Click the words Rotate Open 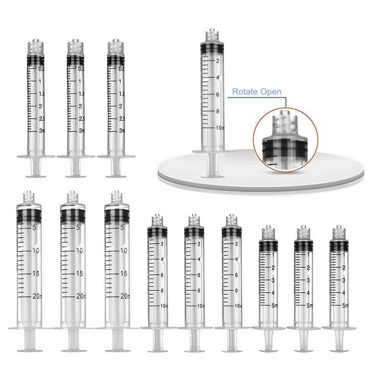(256, 92)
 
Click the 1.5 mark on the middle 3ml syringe (82, 94)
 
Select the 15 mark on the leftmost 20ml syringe (35, 273)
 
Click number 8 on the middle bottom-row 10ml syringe (199, 290)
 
